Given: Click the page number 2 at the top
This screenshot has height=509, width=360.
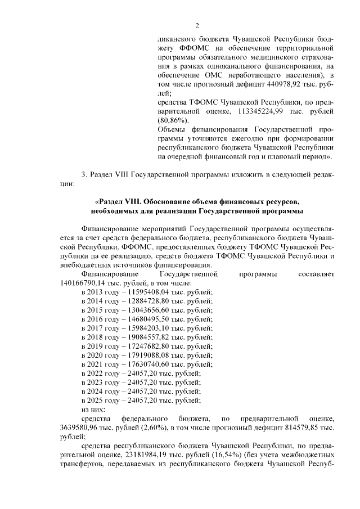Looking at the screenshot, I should (197, 25).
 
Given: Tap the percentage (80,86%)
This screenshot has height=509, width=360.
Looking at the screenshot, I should (172, 120).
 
